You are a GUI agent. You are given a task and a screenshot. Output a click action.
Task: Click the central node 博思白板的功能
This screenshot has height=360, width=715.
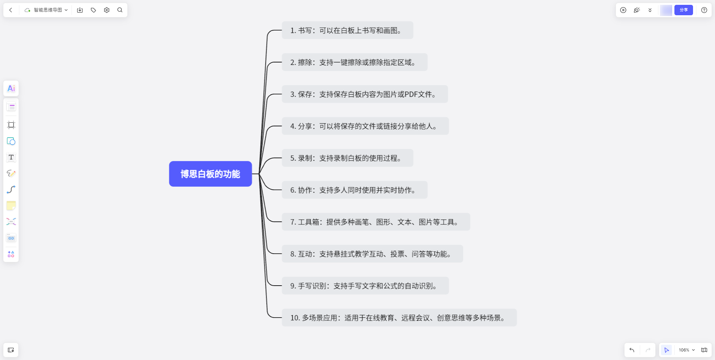(210, 174)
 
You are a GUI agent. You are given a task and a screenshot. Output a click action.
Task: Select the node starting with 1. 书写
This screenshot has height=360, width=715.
(347, 30)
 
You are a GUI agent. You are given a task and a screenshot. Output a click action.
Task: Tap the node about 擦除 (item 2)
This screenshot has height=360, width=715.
(354, 62)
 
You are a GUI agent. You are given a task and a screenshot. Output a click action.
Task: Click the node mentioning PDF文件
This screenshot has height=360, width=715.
(365, 94)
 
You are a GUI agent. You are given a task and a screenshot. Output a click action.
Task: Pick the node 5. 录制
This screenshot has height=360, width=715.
(347, 158)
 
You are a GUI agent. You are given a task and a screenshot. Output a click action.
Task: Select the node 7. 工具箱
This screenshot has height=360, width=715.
(375, 222)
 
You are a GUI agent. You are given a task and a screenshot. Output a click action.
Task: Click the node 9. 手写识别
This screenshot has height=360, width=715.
(365, 286)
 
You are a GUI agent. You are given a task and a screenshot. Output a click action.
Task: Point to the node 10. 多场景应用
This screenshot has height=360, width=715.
(399, 318)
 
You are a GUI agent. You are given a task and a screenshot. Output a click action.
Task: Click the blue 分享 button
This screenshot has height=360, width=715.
(683, 10)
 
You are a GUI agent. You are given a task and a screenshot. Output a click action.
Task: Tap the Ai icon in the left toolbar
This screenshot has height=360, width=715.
(11, 89)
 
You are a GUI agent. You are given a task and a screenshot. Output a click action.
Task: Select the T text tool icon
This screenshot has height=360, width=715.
(11, 157)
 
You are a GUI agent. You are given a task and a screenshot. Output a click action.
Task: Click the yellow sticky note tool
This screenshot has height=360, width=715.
(11, 206)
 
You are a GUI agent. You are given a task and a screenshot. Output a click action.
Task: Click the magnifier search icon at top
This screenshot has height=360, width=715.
(120, 10)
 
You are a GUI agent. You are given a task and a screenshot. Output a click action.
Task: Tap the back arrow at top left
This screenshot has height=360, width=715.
(11, 10)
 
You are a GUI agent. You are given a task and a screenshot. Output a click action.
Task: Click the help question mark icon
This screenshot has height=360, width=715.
(704, 10)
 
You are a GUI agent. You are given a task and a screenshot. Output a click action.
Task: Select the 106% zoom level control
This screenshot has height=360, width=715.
(686, 350)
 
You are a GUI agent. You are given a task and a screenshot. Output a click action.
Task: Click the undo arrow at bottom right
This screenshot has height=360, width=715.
(632, 350)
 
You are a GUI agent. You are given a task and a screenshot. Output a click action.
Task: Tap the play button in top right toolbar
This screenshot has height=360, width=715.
(623, 10)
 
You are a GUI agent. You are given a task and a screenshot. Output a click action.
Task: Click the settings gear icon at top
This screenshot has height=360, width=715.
(107, 10)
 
